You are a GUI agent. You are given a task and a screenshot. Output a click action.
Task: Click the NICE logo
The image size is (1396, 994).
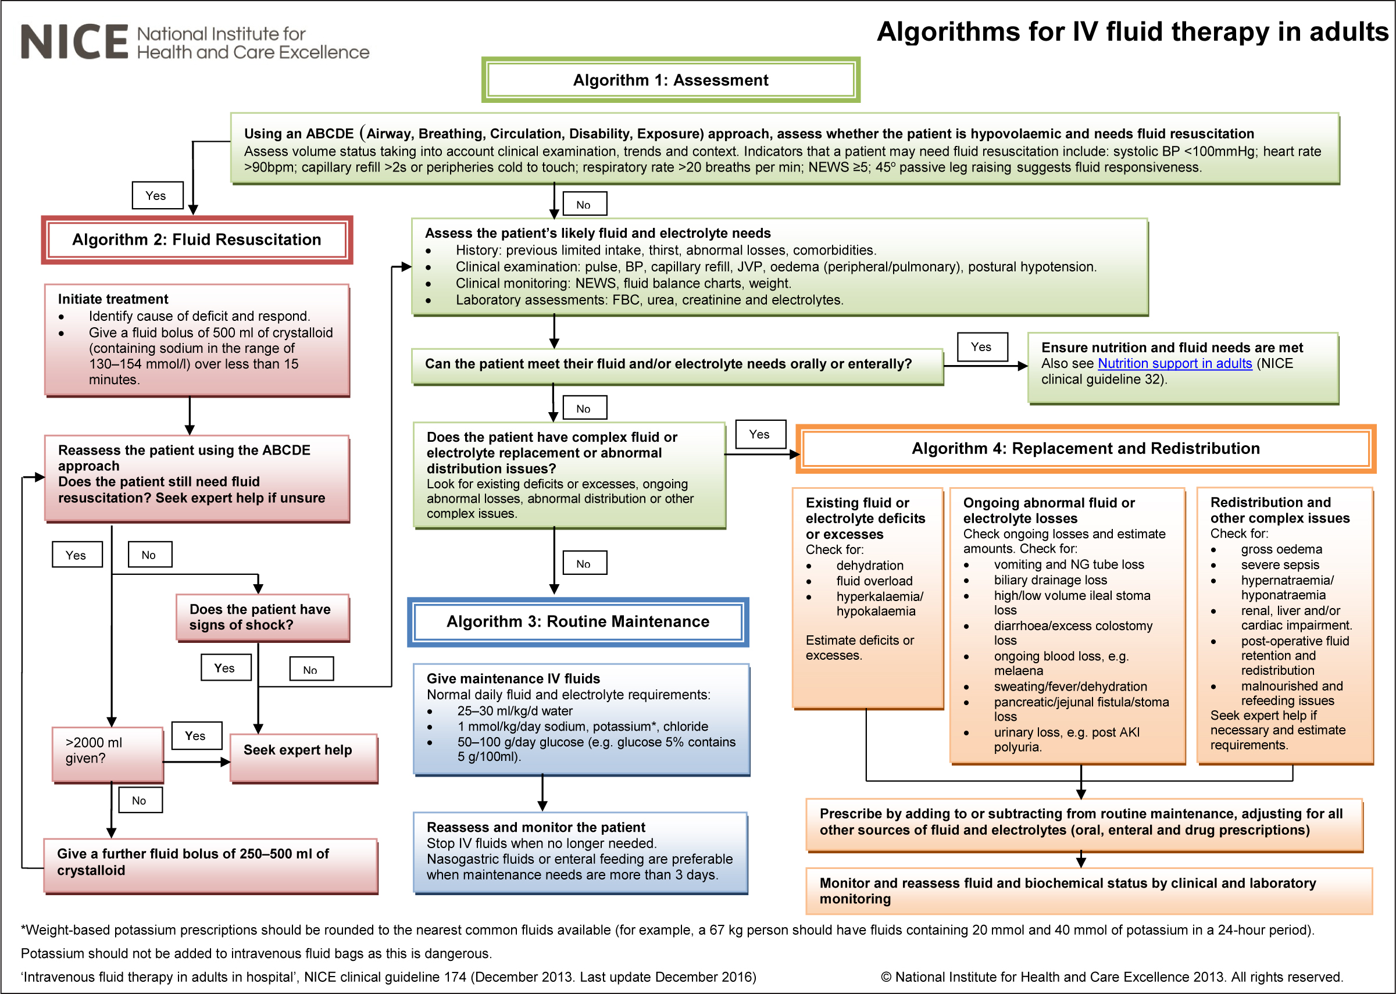[195, 42]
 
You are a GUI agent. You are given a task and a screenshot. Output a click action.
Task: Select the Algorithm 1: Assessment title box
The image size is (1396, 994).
[670, 80]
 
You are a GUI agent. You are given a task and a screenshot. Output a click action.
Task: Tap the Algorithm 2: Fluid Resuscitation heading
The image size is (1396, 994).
[197, 239]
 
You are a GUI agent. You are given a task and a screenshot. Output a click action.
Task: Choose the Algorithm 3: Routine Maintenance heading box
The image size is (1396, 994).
[578, 622]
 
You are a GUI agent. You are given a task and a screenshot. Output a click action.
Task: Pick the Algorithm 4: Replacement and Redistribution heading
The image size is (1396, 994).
[1086, 449]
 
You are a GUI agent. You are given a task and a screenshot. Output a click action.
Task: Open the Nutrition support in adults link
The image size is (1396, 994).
[1174, 363]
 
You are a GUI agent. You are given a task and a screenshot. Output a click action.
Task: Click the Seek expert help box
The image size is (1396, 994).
[304, 758]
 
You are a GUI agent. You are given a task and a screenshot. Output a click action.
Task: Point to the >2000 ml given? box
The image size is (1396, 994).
[108, 754]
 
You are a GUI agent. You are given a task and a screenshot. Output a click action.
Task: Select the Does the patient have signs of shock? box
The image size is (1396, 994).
[263, 617]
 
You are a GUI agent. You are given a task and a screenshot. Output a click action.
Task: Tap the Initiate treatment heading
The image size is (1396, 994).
[113, 299]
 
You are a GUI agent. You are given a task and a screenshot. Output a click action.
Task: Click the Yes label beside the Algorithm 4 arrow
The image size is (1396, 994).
[760, 435]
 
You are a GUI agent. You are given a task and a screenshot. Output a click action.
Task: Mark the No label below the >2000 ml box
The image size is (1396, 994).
[140, 800]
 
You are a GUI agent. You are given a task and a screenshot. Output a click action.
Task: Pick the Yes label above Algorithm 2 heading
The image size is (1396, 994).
[158, 195]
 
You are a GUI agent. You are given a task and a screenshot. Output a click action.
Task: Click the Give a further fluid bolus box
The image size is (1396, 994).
[210, 866]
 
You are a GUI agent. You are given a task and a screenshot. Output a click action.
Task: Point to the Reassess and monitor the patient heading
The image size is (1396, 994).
[535, 828]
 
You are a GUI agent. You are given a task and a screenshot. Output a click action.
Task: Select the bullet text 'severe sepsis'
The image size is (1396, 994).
[1280, 565]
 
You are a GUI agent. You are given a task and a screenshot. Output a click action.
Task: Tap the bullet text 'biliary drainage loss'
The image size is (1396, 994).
[1051, 580]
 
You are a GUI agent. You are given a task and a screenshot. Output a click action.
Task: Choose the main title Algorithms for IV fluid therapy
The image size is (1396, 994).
[1133, 32]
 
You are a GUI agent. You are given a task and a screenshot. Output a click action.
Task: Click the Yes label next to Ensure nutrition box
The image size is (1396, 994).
[982, 347]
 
